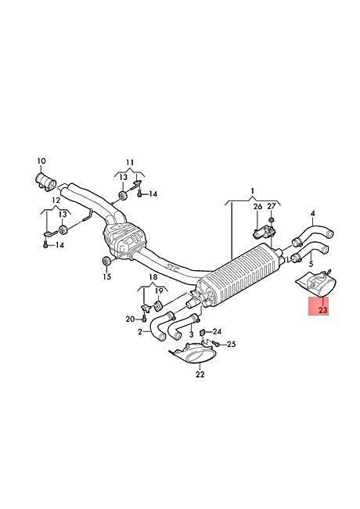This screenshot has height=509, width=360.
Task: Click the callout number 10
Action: [x=41, y=161]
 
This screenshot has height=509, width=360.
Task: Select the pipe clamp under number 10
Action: [x=45, y=180]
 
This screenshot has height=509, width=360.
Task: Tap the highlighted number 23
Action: [x=323, y=311]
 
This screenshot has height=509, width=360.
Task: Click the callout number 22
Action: [x=200, y=374]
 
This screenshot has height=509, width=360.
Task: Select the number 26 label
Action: [x=257, y=207]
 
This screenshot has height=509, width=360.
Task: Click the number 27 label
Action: [x=271, y=207]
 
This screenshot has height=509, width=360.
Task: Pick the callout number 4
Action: [x=312, y=214]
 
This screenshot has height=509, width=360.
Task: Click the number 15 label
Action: [x=106, y=276]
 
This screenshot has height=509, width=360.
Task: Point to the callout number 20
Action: [x=130, y=319]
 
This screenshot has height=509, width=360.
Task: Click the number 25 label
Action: [x=231, y=344]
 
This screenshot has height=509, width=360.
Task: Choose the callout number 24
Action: [x=217, y=332]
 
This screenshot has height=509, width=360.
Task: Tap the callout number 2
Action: [x=140, y=332]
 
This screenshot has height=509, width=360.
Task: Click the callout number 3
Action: [x=192, y=334]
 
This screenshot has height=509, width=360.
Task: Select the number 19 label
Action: [x=159, y=291]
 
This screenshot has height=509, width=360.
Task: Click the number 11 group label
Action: [x=130, y=162]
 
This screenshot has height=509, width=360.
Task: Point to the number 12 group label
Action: [x=56, y=200]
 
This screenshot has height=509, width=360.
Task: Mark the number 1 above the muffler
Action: [x=253, y=190]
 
